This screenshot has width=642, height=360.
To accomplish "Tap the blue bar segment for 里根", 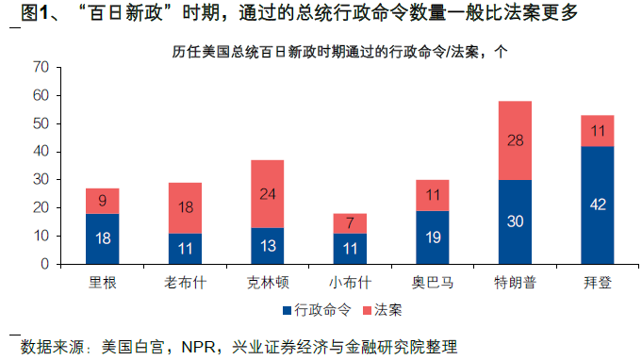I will tap(103, 238).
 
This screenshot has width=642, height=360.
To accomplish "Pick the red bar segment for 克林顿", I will tap(268, 193).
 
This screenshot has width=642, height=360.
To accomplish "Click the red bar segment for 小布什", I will tap(350, 222).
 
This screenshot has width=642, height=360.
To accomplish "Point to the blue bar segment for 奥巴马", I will tap(432, 237).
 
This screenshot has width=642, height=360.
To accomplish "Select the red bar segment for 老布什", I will tap(185, 207).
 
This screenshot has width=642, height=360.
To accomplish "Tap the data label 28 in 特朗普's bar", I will tap(514, 140).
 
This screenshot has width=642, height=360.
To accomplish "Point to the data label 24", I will tap(268, 194).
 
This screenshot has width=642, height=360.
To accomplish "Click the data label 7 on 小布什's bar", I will tap(350, 223).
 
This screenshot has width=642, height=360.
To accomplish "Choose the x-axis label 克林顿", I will tap(268, 281).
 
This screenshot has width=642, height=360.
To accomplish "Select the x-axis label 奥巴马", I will tap(432, 281).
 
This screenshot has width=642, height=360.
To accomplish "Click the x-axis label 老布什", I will tap(185, 281).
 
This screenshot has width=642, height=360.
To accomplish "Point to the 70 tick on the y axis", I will tap(41, 68).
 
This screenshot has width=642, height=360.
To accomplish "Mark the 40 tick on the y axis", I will tap(41, 152).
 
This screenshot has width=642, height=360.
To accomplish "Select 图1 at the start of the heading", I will tap(38, 13).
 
